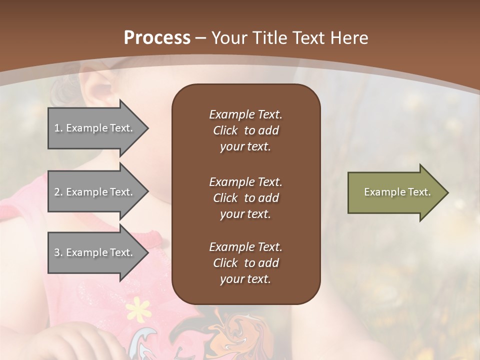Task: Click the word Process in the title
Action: [x=157, y=38]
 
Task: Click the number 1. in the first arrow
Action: [x=58, y=128]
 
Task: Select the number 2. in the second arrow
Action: [x=58, y=192]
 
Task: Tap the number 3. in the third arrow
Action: [x=58, y=252]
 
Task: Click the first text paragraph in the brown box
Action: [x=245, y=130]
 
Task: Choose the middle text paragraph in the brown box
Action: [x=245, y=198]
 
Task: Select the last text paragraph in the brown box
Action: [x=245, y=263]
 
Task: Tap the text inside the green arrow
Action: [x=397, y=192]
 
